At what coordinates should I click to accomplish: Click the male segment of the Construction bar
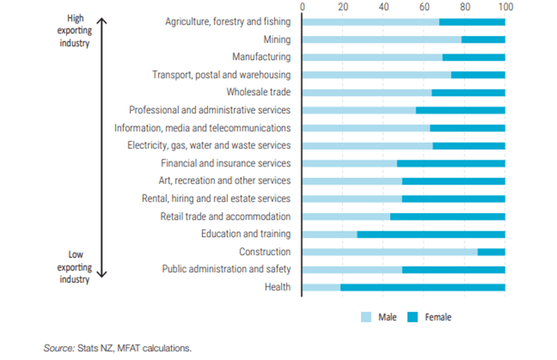click(x=390, y=252)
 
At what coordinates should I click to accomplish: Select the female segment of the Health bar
click(x=422, y=287)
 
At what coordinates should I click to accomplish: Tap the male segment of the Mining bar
click(x=382, y=40)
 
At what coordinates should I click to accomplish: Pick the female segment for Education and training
click(x=431, y=234)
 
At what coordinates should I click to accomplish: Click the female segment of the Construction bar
click(x=491, y=252)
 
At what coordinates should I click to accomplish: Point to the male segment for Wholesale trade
click(x=367, y=93)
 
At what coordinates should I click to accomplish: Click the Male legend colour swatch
click(x=366, y=317)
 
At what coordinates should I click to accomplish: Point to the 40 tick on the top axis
click(x=383, y=7)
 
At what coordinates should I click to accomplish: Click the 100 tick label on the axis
click(x=505, y=7)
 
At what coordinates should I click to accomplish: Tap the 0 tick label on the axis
click(x=303, y=7)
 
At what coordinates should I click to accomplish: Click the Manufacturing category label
click(x=261, y=57)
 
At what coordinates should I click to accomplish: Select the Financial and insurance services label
click(x=226, y=163)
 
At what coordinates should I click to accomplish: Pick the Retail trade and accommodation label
click(x=225, y=217)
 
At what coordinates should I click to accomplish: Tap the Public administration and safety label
click(x=226, y=270)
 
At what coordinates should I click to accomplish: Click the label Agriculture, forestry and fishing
click(x=228, y=22)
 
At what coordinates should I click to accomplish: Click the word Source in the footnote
click(x=58, y=347)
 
